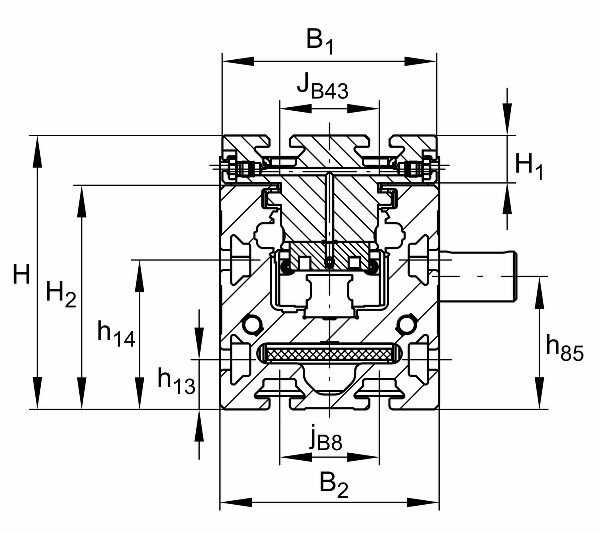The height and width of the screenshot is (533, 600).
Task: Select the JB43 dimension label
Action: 323,86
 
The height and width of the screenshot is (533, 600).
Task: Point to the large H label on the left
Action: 21,274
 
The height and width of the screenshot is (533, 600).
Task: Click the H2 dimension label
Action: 61,295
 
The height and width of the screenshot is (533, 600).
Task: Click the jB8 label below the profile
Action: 326,443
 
